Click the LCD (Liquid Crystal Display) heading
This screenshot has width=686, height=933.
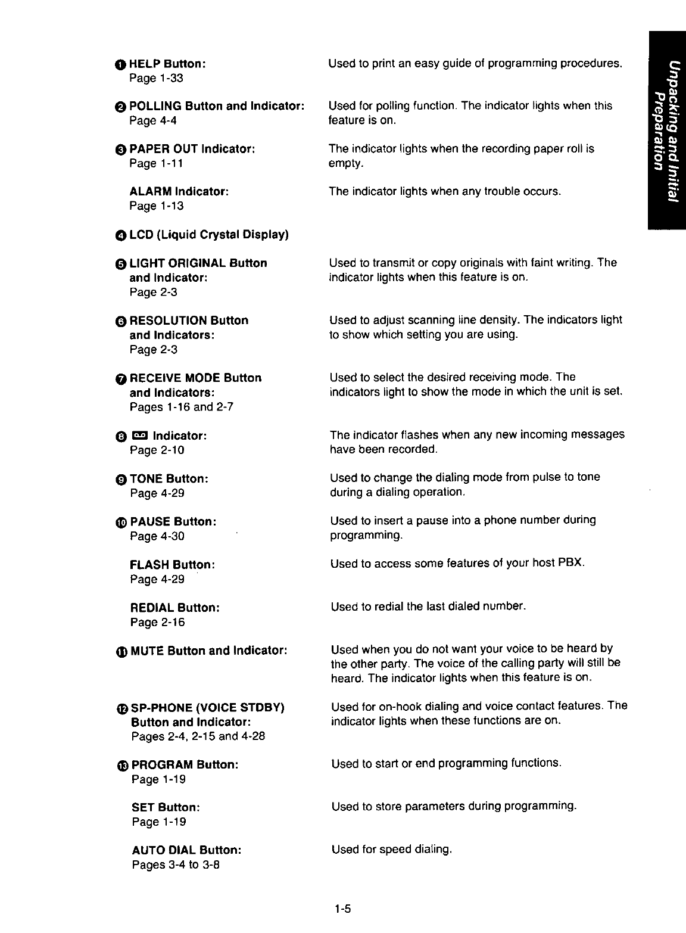click(208, 235)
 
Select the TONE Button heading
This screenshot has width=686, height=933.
click(169, 479)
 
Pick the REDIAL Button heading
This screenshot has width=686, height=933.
click(175, 608)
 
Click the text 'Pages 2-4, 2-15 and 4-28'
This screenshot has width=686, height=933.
click(198, 737)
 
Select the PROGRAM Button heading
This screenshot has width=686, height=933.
click(185, 764)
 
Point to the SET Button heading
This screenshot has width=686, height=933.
click(166, 808)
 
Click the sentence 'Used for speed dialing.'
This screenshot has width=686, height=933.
click(392, 850)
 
